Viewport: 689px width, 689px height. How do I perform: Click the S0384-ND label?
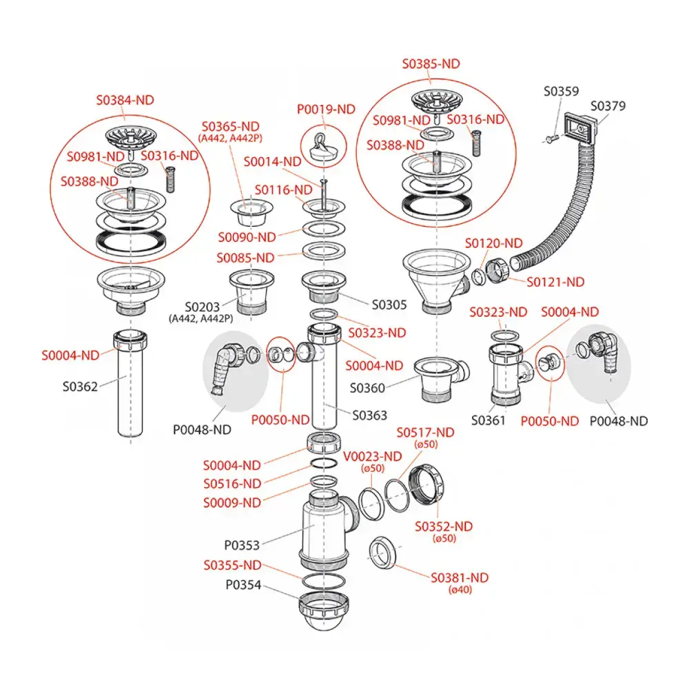tap(124, 100)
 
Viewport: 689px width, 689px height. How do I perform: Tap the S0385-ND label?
tap(431, 64)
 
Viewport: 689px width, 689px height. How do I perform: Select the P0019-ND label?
tap(325, 110)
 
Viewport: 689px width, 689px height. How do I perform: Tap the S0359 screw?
tap(549, 140)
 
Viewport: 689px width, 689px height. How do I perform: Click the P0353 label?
tap(242, 545)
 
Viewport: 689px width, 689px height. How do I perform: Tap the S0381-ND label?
tap(460, 578)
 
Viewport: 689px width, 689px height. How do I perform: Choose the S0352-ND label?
tap(444, 526)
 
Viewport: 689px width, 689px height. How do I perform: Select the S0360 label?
tap(367, 388)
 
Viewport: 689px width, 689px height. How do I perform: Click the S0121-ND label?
tap(555, 282)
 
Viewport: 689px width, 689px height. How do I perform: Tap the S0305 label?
tap(389, 304)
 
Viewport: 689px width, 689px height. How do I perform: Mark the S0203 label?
tap(201, 306)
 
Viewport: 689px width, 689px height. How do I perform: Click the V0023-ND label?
tap(372, 457)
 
